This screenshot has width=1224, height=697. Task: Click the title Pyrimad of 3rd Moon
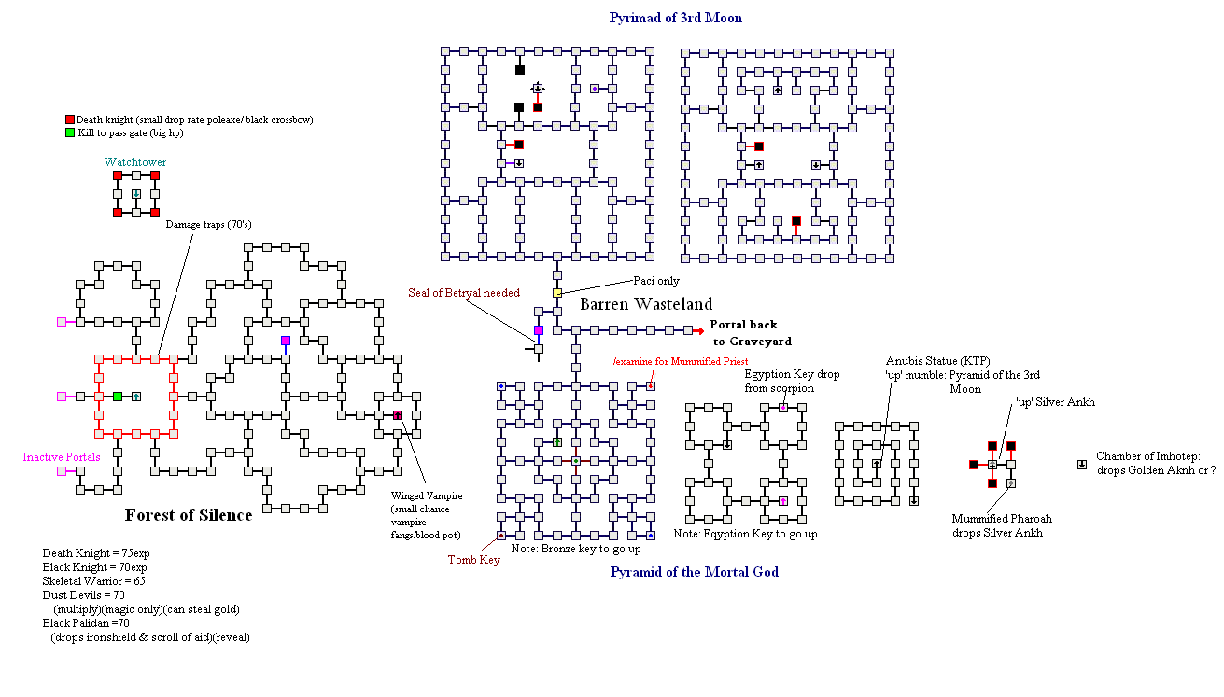coord(675,18)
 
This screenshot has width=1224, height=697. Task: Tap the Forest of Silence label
coord(189,515)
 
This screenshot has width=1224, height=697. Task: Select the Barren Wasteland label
coord(646,304)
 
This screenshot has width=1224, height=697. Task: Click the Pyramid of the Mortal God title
coord(694,572)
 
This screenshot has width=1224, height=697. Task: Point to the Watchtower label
coord(135,162)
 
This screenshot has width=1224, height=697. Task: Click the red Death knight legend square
coord(69,120)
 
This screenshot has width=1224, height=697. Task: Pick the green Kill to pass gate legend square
coord(69,133)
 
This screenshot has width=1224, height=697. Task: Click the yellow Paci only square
coord(557,293)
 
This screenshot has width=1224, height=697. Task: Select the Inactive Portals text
coord(62,457)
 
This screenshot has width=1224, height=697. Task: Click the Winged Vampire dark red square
coord(397,414)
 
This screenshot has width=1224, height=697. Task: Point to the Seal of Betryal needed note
coord(464,293)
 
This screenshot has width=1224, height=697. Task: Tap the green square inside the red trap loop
coord(117,397)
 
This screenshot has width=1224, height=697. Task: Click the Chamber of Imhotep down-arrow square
coord(1082,464)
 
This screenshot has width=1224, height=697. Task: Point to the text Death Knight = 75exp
coord(95,553)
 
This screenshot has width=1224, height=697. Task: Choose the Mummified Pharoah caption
coord(996,525)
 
